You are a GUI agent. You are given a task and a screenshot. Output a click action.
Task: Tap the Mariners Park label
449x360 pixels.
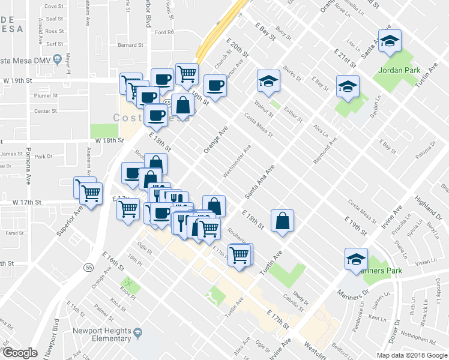pos(383,270)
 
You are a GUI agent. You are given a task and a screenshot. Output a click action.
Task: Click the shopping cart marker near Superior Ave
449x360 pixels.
pos(90,193)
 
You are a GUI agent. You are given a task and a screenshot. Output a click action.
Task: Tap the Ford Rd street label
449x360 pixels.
pos(163,32)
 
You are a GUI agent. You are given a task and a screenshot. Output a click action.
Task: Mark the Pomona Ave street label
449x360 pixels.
pos(28,163)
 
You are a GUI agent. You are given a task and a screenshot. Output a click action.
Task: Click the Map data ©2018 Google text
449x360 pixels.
pos(411,355)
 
